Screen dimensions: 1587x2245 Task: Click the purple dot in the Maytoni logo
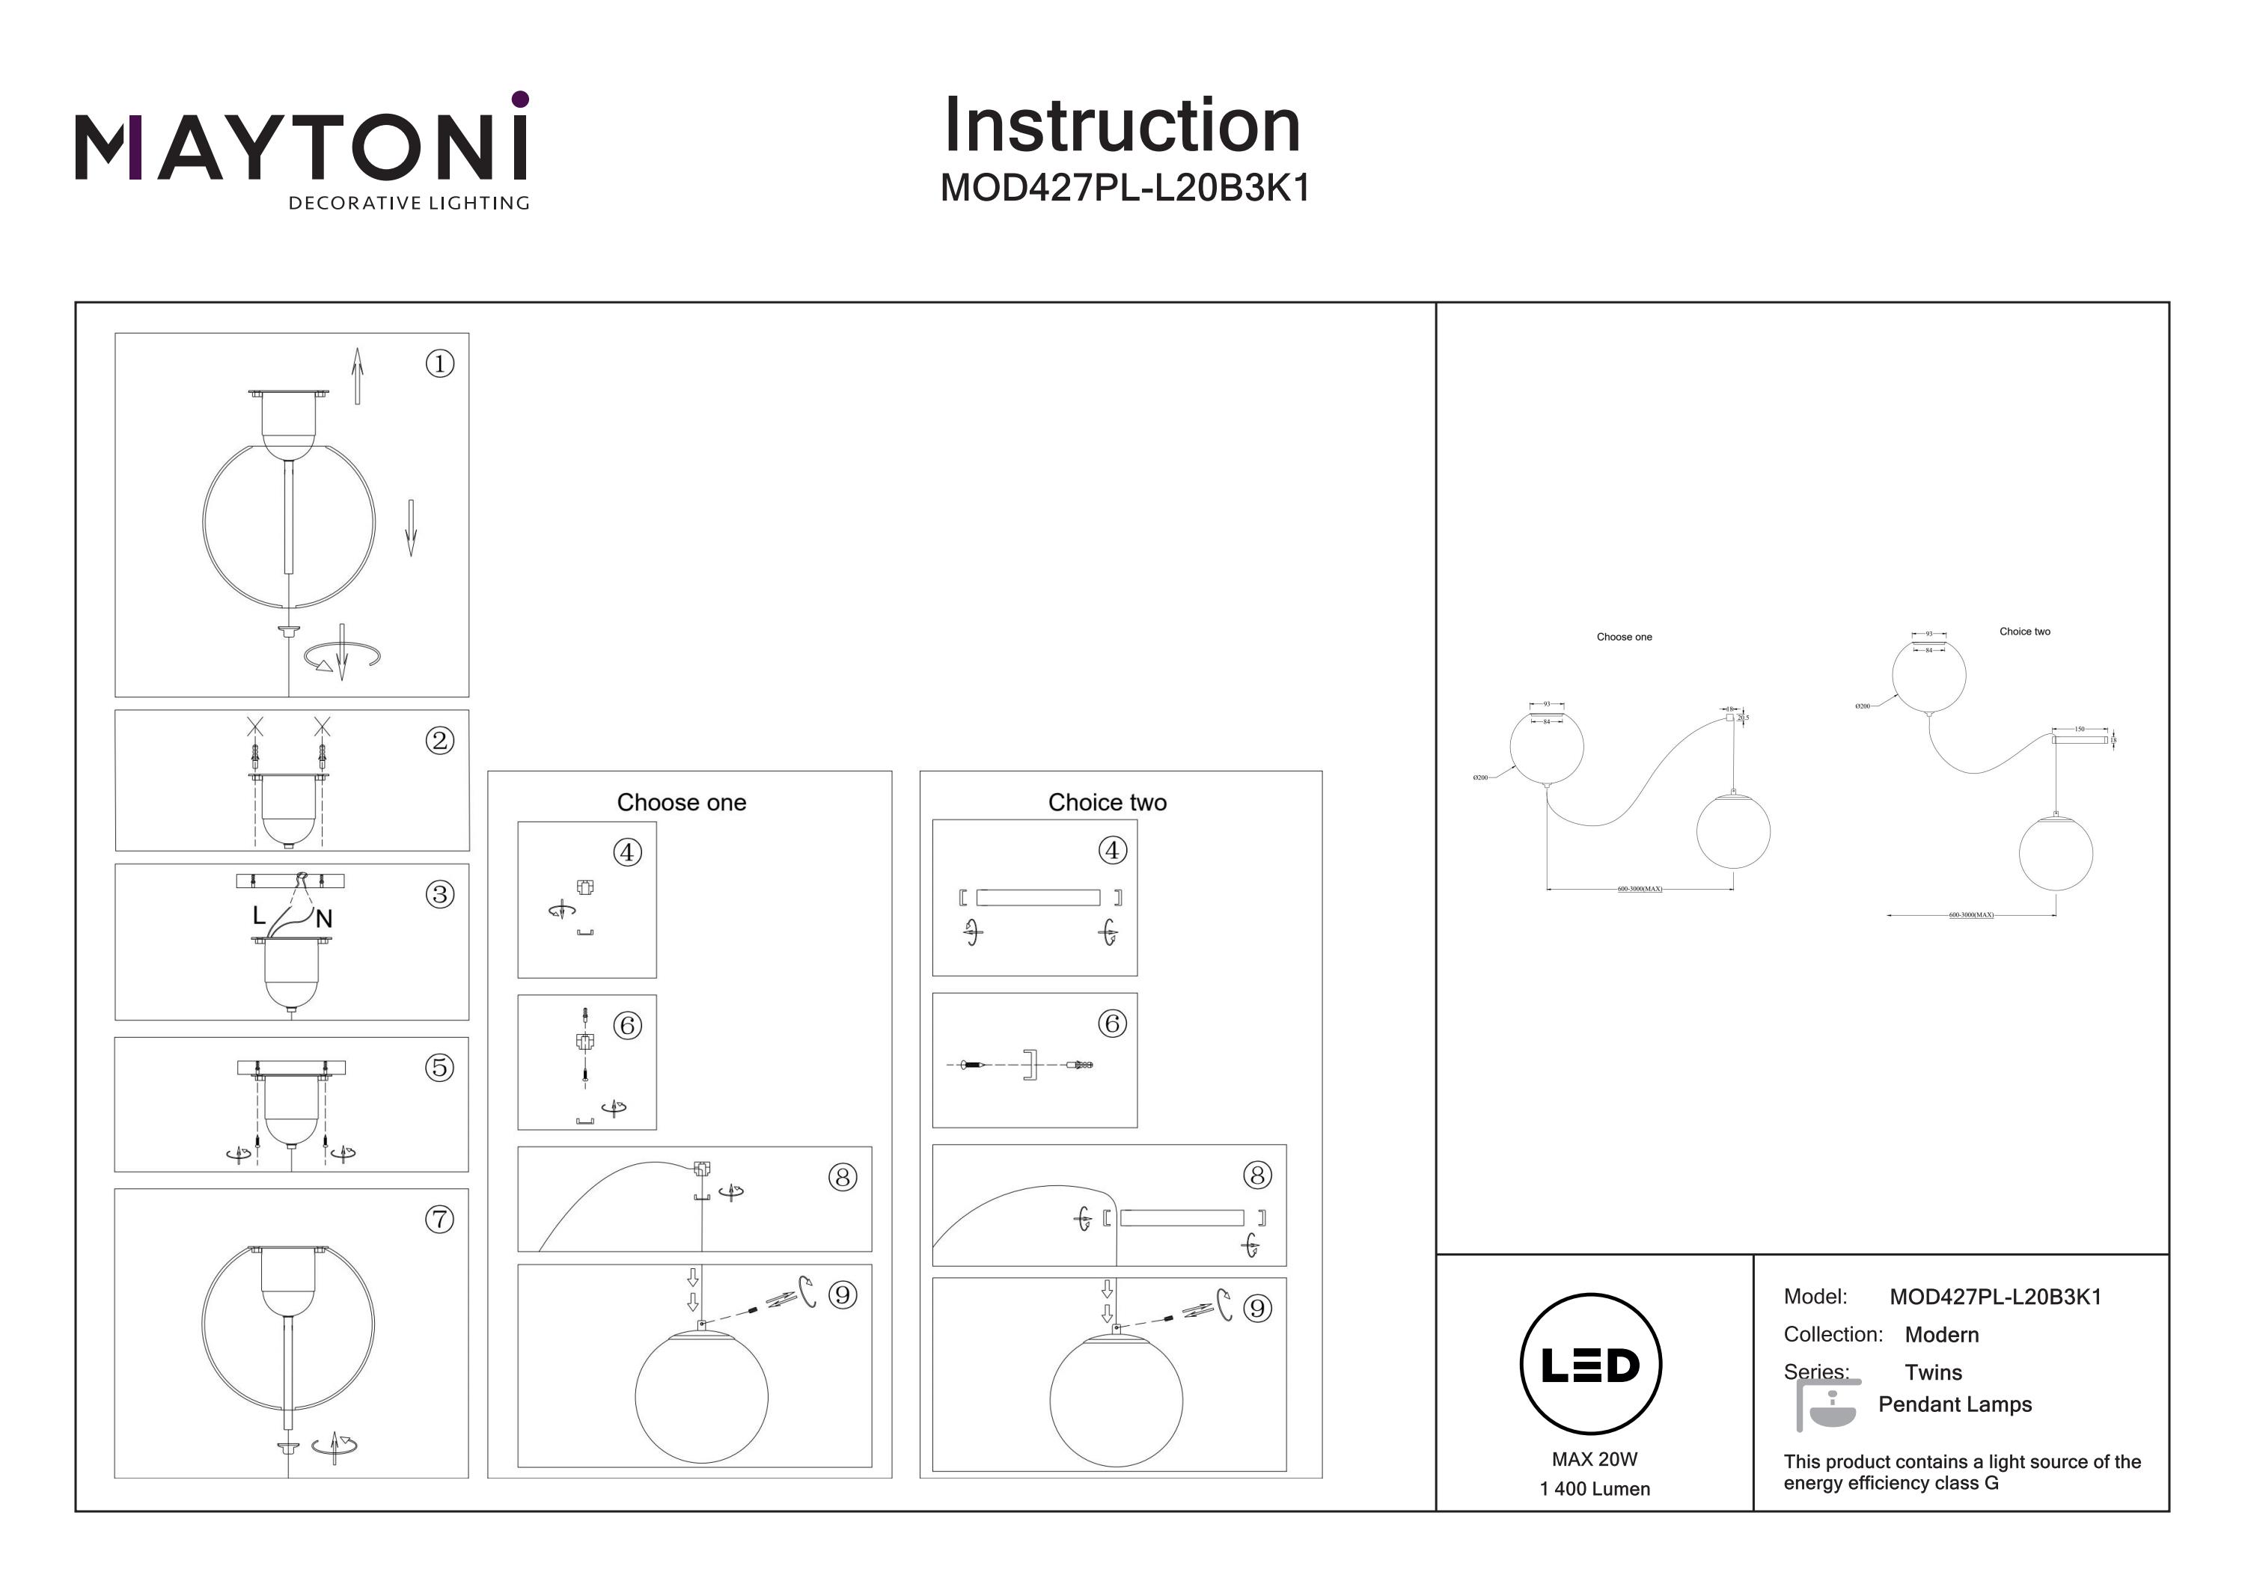coord(520,99)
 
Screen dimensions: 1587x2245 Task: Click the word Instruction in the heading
coord(1122,126)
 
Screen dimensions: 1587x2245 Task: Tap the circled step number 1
coord(440,364)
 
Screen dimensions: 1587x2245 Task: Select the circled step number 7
coord(440,1220)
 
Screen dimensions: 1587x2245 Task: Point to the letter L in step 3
coord(259,915)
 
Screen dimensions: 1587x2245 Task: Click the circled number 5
coord(440,1067)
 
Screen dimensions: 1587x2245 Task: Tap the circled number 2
coord(440,740)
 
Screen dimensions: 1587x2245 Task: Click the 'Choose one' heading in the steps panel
coord(682,803)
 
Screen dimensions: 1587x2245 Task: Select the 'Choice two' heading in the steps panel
coord(1107,803)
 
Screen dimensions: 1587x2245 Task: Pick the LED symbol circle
coord(1591,1365)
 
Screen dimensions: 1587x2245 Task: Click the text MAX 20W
coord(1594,1459)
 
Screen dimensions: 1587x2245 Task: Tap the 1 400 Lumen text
coord(1594,1489)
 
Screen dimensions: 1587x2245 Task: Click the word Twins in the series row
coord(1933,1373)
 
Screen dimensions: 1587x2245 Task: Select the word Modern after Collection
coord(1941,1335)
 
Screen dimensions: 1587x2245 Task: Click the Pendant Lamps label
coord(1955,1404)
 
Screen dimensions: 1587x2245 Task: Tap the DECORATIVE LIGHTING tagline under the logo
coord(409,204)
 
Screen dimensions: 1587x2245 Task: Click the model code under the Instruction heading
coord(1125,189)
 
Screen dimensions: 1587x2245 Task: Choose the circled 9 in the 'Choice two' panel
coord(1257,1309)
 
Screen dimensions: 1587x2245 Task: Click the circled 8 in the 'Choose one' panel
coord(843,1177)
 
